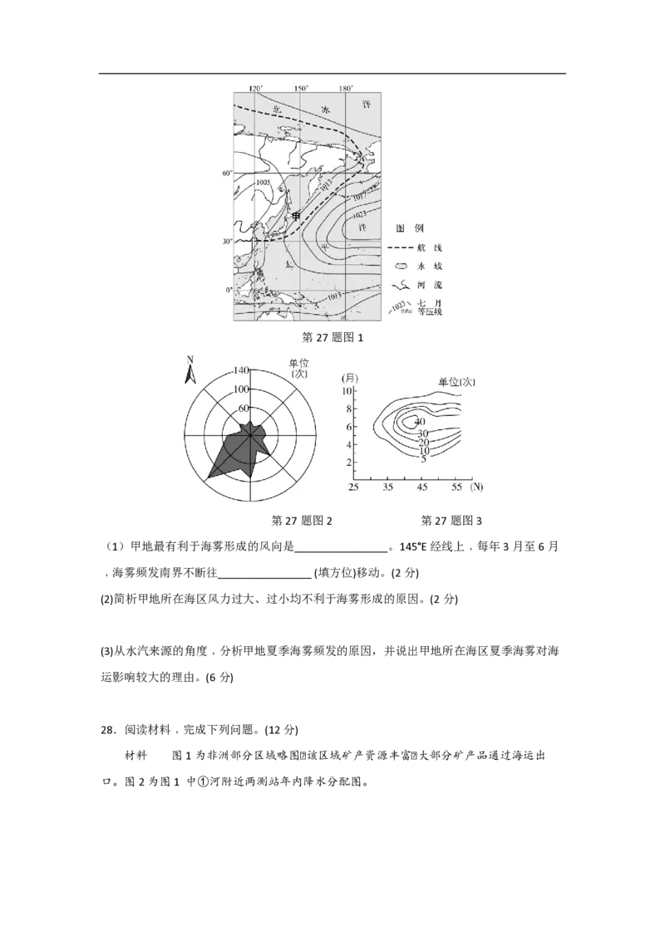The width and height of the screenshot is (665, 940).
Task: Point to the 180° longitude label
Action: click(x=347, y=88)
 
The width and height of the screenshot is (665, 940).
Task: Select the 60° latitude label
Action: click(x=225, y=174)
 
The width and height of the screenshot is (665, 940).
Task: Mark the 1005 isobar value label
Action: click(x=264, y=182)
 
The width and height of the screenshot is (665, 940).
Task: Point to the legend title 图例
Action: click(x=410, y=228)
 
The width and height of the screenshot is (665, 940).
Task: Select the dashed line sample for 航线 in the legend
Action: click(x=402, y=248)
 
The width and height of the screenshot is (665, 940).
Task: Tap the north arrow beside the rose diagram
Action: click(x=190, y=370)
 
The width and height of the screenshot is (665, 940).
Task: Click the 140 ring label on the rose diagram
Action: click(x=242, y=370)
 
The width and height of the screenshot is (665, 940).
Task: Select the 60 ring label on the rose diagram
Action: click(x=243, y=408)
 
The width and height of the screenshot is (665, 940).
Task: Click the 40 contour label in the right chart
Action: click(x=419, y=422)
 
